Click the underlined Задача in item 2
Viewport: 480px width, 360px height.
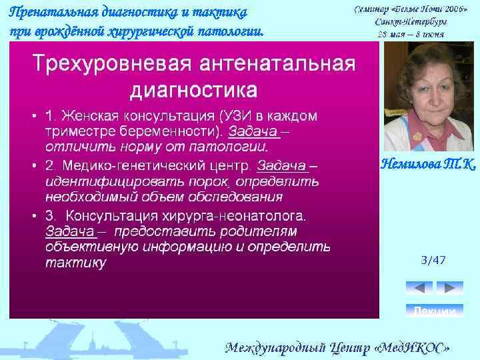point(282,165)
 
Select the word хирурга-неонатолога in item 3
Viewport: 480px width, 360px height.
point(233,216)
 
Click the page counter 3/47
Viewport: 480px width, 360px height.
point(433,260)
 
